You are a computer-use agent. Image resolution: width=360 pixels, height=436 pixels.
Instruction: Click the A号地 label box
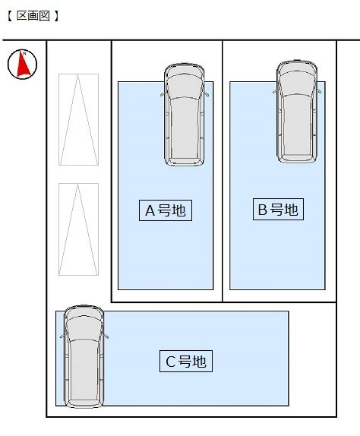pyautogui.click(x=166, y=210)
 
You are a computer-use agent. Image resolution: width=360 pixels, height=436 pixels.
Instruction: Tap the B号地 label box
pyautogui.click(x=278, y=209)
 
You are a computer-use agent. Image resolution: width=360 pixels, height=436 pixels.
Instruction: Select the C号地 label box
pyautogui.click(x=186, y=362)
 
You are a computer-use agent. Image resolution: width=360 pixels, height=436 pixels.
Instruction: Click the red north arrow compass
pyautogui.click(x=22, y=65)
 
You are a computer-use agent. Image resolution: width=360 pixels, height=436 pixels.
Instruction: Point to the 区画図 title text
pyautogui.click(x=33, y=16)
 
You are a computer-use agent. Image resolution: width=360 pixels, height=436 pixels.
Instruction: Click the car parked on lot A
pyautogui.click(x=185, y=115)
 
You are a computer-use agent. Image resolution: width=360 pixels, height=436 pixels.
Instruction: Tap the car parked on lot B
pyautogui.click(x=297, y=112)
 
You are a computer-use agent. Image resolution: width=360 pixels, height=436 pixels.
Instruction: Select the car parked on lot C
pyautogui.click(x=84, y=356)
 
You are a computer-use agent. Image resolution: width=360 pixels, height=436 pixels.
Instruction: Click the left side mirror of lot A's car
pyautogui.click(x=163, y=94)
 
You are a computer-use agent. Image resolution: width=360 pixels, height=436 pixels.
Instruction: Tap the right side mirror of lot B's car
pyautogui.click(x=319, y=91)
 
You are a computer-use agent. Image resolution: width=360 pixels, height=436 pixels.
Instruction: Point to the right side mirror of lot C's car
pyautogui.click(x=106, y=336)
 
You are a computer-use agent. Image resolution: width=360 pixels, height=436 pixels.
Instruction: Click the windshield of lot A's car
pyautogui.click(x=185, y=88)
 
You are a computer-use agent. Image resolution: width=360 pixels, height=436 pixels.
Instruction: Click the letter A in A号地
pyautogui.click(x=150, y=210)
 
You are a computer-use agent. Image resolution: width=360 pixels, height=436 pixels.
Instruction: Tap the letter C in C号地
pyautogui.click(x=170, y=362)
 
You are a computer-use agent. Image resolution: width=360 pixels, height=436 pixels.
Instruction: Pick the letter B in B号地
pyautogui.click(x=263, y=210)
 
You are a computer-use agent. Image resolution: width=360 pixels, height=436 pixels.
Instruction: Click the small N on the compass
pyautogui.click(x=24, y=53)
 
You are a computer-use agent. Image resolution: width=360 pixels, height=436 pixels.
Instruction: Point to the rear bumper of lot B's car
pyautogui.click(x=297, y=160)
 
